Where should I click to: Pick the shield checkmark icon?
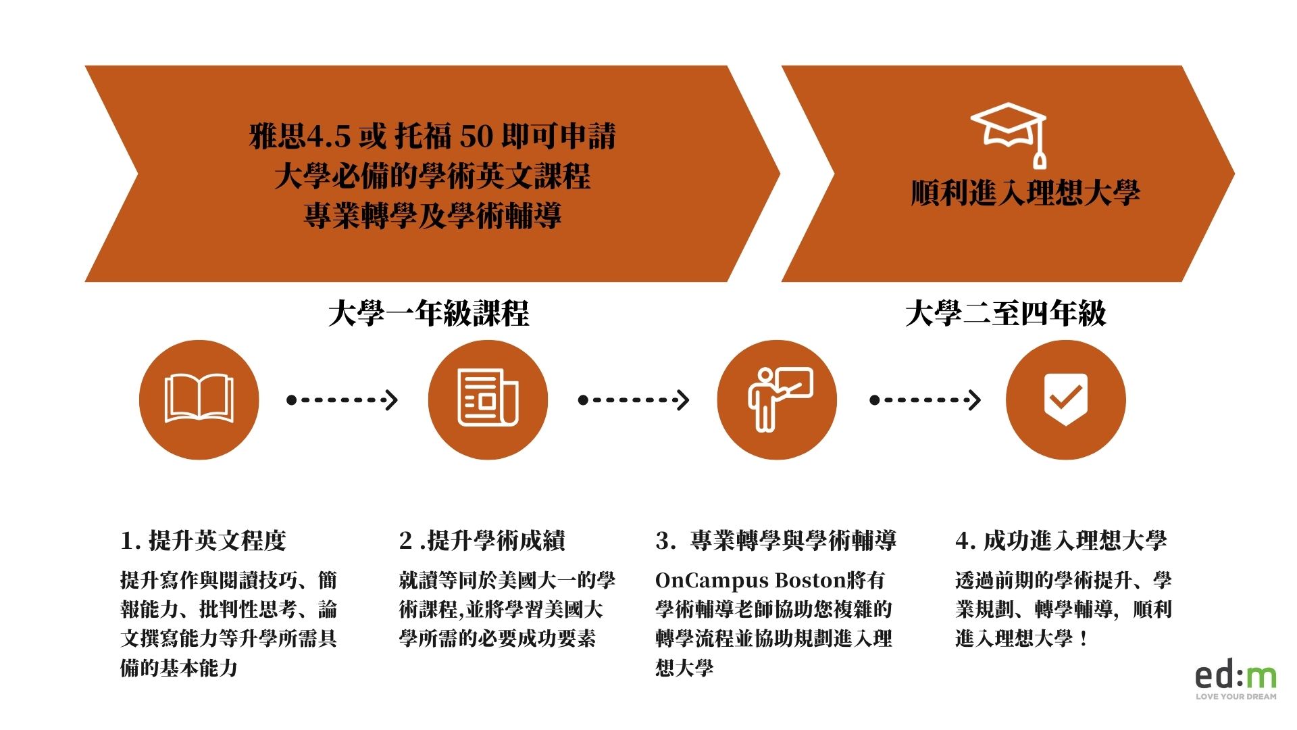(1066, 399)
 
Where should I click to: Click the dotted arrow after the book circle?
(342, 400)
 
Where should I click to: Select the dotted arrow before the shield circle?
(925, 400)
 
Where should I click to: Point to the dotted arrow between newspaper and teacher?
(634, 400)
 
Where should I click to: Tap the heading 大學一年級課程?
(428, 314)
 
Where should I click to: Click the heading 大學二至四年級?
(1005, 314)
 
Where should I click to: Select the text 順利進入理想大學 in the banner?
(1025, 193)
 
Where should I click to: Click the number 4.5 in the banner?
(329, 137)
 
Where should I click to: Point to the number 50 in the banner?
(477, 137)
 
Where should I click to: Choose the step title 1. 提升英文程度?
(203, 541)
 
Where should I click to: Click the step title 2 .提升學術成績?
(482, 541)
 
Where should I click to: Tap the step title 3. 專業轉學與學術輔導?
(776, 541)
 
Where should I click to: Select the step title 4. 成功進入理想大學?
(1061, 541)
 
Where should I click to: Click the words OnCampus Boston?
(751, 581)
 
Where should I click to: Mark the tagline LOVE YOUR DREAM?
(1236, 696)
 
